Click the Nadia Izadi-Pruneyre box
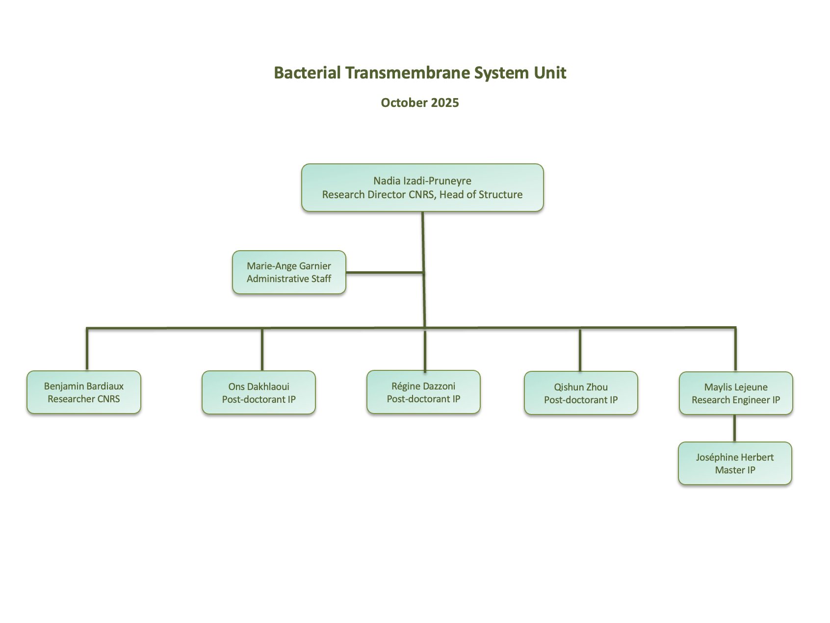[422, 187]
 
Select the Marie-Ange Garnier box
[289, 272]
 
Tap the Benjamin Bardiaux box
[84, 392]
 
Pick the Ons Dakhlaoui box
[259, 392]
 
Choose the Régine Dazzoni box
[423, 392]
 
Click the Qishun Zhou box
[581, 393]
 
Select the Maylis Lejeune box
[736, 393]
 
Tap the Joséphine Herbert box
[735, 463]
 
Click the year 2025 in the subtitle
[445, 103]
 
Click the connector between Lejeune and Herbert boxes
[734, 428]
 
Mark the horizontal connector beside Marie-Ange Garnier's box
[384, 272]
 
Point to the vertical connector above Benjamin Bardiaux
[87, 349]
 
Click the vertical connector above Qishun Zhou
[580, 350]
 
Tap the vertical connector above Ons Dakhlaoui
[262, 349]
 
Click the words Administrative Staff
[289, 279]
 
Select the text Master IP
[735, 470]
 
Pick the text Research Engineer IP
[736, 400]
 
